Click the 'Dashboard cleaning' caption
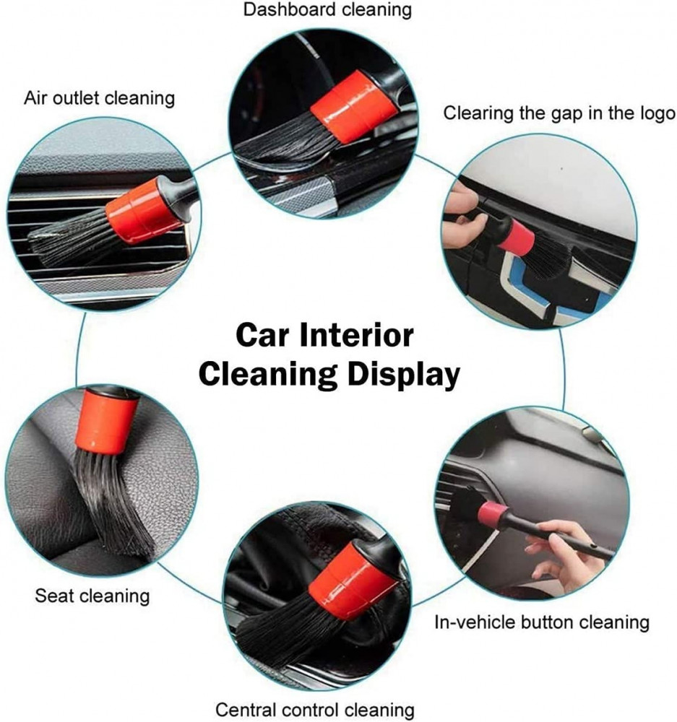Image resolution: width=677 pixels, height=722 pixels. pos(327,9)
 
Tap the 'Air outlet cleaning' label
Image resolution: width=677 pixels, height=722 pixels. pos(100,98)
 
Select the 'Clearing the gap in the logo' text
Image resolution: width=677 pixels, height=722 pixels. pos(559,113)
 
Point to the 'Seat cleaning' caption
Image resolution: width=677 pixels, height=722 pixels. pos(92,596)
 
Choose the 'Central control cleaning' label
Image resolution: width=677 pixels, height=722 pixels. pos(315,710)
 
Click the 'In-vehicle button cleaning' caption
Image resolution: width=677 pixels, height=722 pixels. pos(541,622)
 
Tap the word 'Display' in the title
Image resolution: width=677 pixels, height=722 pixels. pos(404,374)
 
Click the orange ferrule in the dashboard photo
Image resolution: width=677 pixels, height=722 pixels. pos(353,106)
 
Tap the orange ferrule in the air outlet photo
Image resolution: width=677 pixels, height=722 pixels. pos(143,210)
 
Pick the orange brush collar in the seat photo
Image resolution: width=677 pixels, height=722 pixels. pos(107,419)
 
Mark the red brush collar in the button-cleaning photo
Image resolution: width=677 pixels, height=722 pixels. pos(493,515)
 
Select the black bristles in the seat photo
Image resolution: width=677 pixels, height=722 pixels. pos(114,502)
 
